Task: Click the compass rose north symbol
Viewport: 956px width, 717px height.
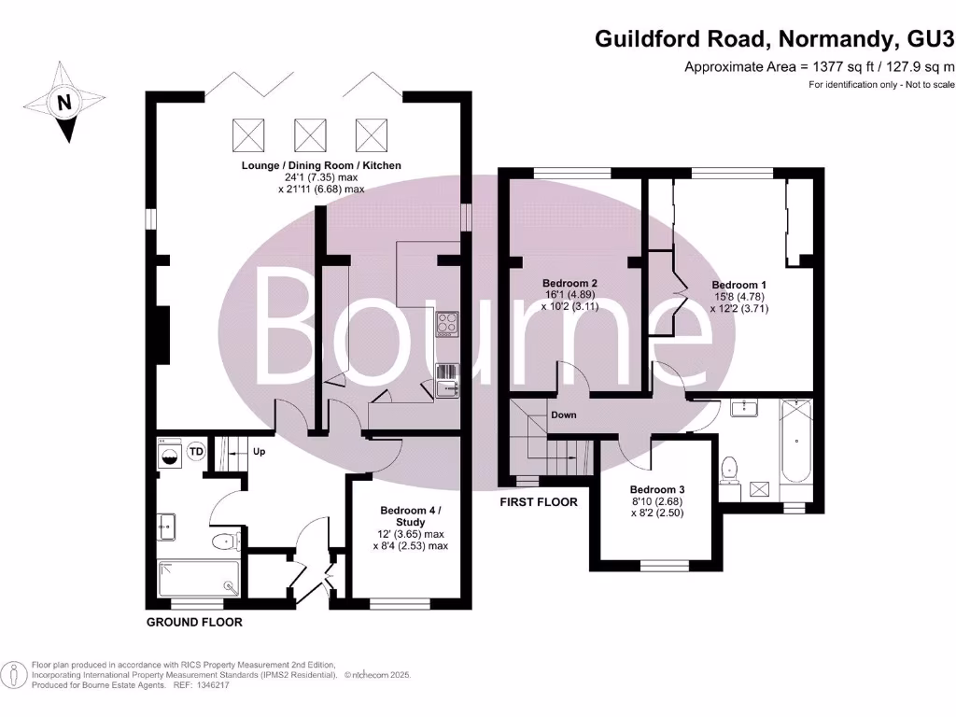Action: (63, 103)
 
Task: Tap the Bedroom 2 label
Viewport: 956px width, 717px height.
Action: (569, 283)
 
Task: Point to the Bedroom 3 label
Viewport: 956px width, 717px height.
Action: (657, 490)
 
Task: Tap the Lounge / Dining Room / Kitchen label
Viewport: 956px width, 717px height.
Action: (321, 165)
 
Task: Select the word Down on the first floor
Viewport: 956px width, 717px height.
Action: (563, 415)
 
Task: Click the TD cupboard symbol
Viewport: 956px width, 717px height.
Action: (196, 452)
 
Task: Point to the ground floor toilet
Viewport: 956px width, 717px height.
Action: (225, 542)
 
